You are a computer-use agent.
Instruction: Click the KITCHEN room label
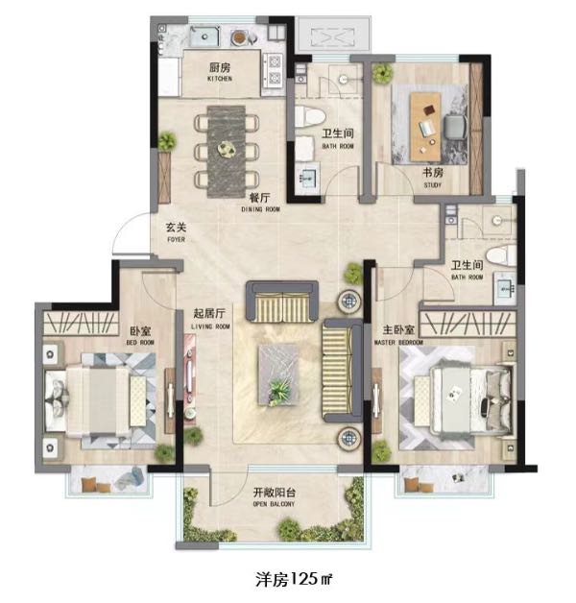tap(220, 79)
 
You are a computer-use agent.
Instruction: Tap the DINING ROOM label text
tap(261, 209)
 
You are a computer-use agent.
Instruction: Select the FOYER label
tap(176, 239)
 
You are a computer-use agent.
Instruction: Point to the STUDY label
tap(433, 185)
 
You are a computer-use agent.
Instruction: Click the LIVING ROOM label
tap(210, 326)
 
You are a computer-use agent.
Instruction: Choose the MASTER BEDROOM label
tap(398, 342)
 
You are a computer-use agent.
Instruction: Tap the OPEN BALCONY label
tap(274, 504)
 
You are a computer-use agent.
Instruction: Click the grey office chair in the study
tap(456, 127)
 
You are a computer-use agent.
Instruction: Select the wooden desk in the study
tap(425, 127)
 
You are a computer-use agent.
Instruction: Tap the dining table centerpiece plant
tap(226, 149)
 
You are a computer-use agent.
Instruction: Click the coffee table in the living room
tap(279, 374)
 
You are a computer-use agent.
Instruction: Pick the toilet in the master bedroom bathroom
tap(501, 255)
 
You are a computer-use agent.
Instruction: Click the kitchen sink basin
tap(204, 36)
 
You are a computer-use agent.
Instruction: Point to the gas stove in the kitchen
tap(275, 70)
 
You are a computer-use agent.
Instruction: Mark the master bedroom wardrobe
tap(468, 324)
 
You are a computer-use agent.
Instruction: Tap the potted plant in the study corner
tap(382, 72)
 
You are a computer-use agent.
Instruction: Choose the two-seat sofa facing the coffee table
tap(282, 301)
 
